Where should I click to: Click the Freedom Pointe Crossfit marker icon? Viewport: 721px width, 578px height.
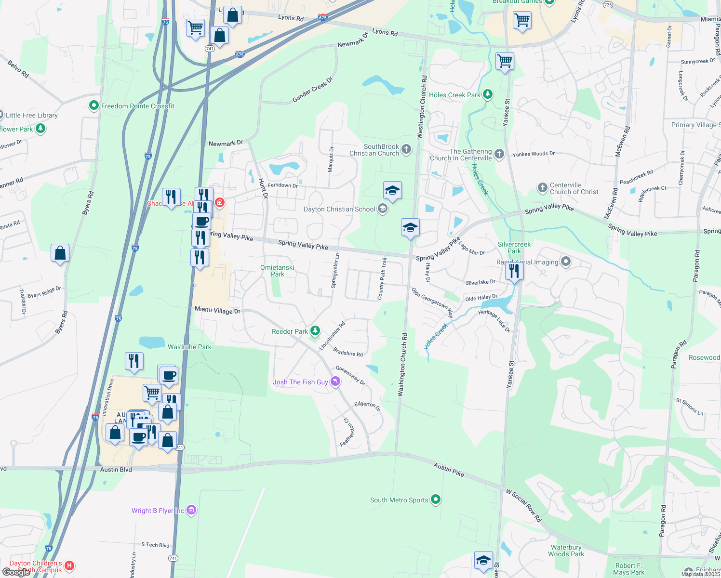coord(94,106)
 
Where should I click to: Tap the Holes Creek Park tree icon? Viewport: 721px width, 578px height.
coord(488,94)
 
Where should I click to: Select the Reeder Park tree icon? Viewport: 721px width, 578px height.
coord(315,331)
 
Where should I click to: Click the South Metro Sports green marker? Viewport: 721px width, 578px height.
coord(436,499)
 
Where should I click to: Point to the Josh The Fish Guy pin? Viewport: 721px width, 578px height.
coord(335,381)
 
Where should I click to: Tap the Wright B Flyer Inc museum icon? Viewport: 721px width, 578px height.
coord(191,510)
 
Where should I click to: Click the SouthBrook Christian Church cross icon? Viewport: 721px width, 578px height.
coord(406,149)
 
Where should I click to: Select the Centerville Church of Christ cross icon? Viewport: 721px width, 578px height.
coord(543,188)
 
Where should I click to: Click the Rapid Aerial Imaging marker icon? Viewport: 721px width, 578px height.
coord(566,262)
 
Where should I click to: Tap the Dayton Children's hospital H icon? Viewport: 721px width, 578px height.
coord(69,565)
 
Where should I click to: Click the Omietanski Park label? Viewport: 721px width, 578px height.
coord(277,271)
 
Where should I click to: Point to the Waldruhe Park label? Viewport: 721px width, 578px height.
coord(189,347)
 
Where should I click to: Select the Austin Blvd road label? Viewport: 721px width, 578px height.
coord(116,470)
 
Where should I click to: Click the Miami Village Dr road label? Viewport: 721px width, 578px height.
coord(217,310)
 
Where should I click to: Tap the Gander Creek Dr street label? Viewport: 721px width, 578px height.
coord(313,90)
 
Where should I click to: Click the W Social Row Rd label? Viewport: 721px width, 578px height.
coord(524,506)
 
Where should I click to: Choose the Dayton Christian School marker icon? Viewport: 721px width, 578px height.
coord(383,209)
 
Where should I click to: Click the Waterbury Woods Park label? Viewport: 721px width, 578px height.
coord(566,551)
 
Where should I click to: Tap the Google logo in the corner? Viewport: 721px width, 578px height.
coord(16,572)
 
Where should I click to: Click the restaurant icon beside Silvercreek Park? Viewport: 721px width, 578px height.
coord(514,271)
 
